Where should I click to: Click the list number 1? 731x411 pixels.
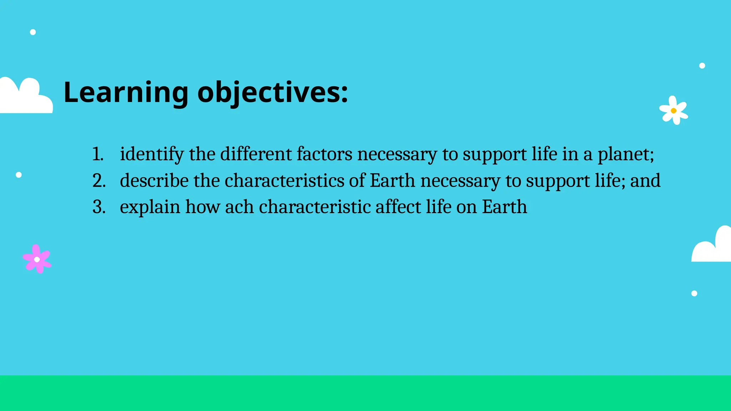pos(97,154)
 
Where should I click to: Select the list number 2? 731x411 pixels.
pos(99,181)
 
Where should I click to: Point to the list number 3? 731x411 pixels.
pos(99,207)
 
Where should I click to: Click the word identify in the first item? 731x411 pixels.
pos(152,154)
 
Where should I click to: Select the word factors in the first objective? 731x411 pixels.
pos(324,154)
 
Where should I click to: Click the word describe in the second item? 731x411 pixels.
pos(154,181)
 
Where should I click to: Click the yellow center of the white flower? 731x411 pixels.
pos(674,111)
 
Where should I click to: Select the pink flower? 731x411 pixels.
pos(37,259)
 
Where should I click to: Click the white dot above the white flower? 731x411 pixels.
pos(702,66)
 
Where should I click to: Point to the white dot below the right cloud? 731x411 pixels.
pos(694,293)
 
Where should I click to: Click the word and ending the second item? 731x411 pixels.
pos(645,181)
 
